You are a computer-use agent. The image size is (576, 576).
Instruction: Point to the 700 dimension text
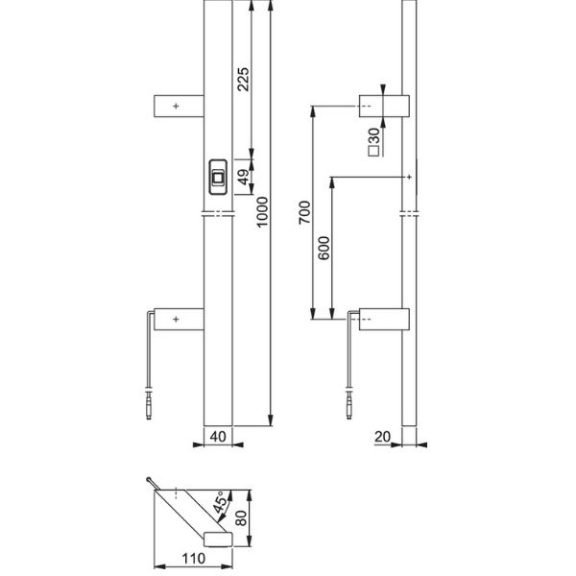tap(303, 212)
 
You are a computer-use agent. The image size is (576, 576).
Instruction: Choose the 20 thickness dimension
tap(383, 436)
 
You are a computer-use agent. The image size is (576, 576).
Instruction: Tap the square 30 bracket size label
tap(372, 142)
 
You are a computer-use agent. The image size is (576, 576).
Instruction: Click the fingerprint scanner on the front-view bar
tap(219, 177)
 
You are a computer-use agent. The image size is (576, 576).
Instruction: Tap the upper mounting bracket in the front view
tap(180, 106)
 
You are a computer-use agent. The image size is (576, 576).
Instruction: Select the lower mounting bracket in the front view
tap(180, 318)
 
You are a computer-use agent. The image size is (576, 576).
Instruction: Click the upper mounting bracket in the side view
tap(384, 106)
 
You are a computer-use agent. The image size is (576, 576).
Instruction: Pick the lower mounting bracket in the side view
tap(384, 318)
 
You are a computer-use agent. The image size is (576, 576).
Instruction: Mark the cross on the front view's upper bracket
tap(176, 106)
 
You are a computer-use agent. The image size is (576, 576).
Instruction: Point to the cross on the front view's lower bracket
tap(176, 318)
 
